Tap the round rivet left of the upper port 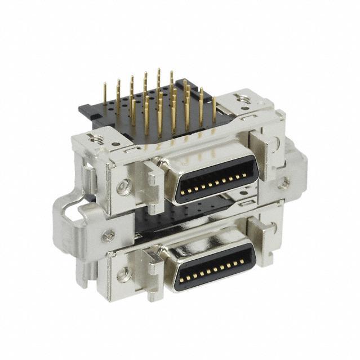[x=122, y=186]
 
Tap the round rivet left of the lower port [x=122, y=274]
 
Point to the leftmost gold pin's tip [x=105, y=85]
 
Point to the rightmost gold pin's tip [x=214, y=99]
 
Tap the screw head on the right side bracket [x=286, y=181]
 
